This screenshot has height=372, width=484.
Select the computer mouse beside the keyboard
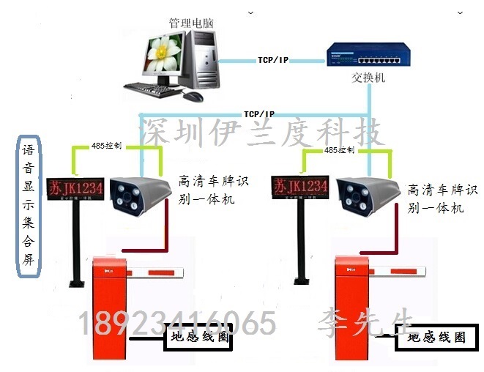point(193,96)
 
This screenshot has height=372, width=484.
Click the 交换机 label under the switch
point(368,78)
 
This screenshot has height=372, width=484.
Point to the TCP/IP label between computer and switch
point(273,59)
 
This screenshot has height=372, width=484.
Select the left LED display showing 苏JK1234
point(75,187)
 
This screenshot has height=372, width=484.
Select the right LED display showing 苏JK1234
point(299,186)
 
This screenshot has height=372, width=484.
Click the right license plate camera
point(367,192)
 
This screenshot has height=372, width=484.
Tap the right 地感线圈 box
point(436,338)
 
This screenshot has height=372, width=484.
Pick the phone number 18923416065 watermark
point(176,321)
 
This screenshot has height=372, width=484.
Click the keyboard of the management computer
point(153,90)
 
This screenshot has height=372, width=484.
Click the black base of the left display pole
point(75,283)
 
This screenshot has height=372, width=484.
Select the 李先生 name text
point(366,321)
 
